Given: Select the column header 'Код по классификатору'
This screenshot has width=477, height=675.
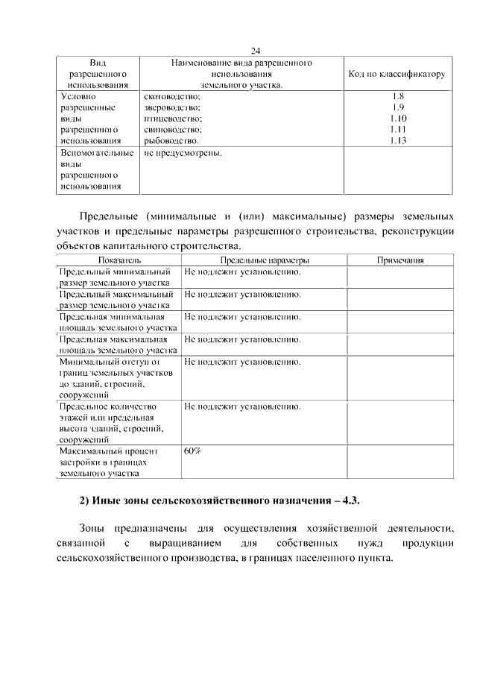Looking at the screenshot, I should click(397, 75).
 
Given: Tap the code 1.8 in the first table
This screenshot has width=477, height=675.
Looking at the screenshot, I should click(397, 96).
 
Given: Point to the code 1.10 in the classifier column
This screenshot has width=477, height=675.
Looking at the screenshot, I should click(397, 118).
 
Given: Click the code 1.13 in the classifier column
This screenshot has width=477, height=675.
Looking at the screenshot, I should click(397, 139).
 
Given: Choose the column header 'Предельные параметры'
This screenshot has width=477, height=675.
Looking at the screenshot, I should click(264, 260).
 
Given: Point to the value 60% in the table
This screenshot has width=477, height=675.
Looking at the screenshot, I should click(192, 450).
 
